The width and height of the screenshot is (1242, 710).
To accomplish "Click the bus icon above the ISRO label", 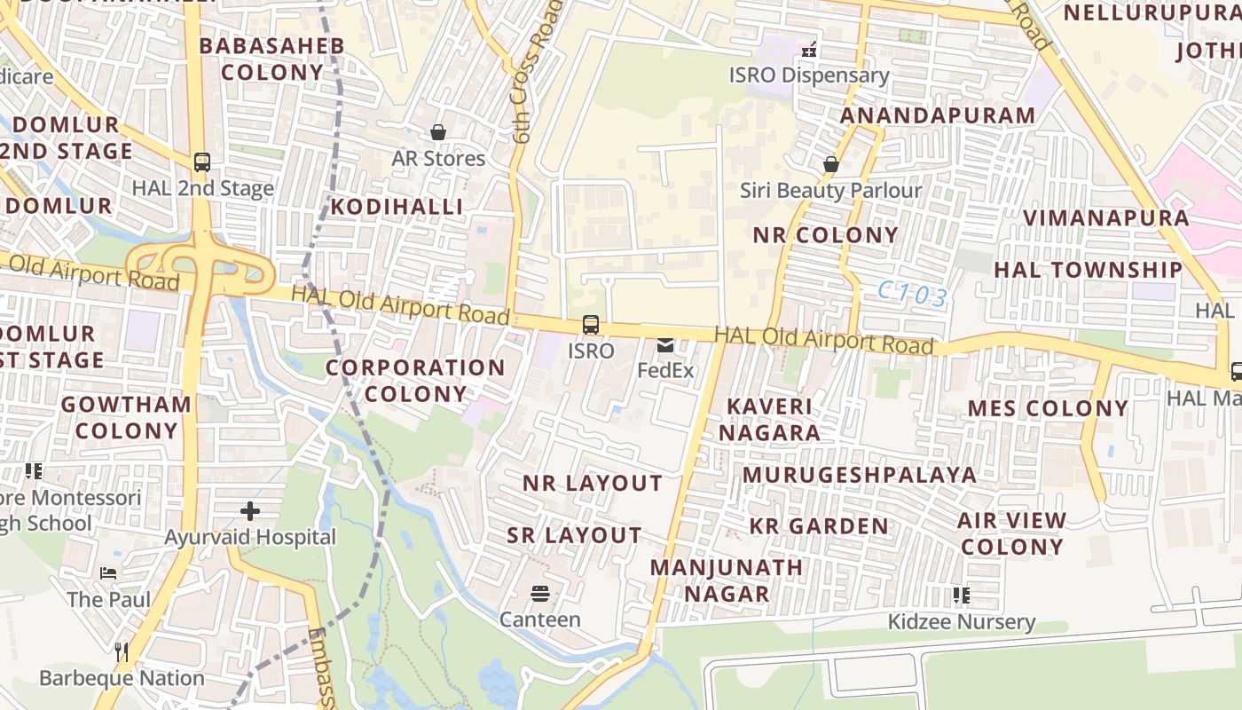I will [591, 325].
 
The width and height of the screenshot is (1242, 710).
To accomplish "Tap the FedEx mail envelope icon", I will [665, 345].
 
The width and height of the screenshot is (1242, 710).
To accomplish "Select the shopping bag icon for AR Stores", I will [438, 132].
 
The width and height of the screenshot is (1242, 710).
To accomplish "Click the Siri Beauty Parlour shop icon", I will [831, 164].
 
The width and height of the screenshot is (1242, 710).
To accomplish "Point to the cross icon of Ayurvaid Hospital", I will [250, 511].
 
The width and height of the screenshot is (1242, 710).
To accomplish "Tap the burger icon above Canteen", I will [539, 593].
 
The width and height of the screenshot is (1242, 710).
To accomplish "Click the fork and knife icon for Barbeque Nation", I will [122, 652].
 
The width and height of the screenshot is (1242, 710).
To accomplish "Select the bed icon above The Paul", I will [108, 573].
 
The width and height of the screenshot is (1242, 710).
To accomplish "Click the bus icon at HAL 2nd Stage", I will [202, 162].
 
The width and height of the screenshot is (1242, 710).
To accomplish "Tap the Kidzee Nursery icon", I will [961, 596].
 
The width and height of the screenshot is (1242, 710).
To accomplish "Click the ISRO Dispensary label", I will [809, 75].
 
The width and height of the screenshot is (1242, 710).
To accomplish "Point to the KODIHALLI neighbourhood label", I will [397, 207].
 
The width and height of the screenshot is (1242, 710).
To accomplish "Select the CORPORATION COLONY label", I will [415, 381].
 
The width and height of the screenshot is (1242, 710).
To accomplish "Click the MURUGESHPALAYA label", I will [860, 475].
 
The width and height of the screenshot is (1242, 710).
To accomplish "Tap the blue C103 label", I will [913, 295].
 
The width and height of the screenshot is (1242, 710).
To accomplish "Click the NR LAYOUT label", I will [592, 484].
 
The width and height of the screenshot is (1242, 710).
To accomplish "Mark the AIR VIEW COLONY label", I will [1011, 533].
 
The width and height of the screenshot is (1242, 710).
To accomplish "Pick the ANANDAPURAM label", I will [938, 115].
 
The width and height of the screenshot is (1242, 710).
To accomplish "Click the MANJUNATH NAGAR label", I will [727, 580].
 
